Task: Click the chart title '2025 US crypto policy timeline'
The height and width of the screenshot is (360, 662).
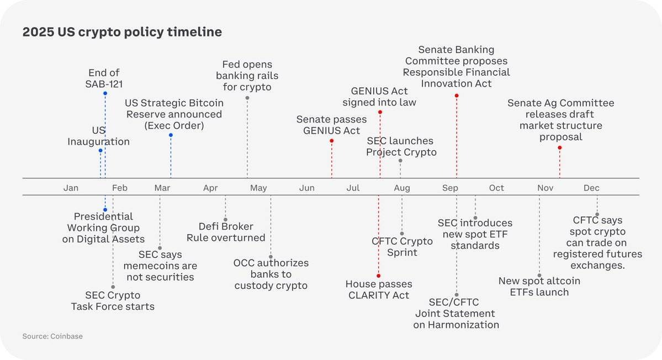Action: pos(122,32)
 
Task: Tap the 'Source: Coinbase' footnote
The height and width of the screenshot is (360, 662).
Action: pos(52,336)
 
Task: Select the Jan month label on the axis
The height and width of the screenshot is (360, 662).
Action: pos(71,188)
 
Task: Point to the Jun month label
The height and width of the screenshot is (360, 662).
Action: pos(307,188)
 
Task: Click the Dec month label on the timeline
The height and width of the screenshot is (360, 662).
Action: pos(591,188)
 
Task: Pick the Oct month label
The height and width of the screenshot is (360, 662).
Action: pos(496,188)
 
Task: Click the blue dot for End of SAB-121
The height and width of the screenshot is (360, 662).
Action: pos(105,93)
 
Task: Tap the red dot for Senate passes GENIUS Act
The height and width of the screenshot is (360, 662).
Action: pos(331,141)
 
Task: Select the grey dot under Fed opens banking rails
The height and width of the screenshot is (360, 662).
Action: pos(247,98)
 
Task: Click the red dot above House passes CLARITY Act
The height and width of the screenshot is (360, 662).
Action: pos(379,276)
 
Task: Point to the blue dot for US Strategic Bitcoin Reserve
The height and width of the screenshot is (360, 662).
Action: pos(171,135)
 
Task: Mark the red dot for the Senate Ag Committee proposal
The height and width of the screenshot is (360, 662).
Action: pos(560,147)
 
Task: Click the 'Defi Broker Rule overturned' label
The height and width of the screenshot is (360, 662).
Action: pos(226,232)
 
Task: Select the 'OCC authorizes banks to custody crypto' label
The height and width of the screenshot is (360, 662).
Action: pos(271,274)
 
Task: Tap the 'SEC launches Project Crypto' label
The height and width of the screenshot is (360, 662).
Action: pos(401,146)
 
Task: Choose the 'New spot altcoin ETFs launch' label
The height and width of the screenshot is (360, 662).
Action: pos(539,286)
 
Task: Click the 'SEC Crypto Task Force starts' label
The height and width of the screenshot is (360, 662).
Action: pos(113,300)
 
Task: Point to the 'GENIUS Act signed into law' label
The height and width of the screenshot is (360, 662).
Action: pos(379,96)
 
